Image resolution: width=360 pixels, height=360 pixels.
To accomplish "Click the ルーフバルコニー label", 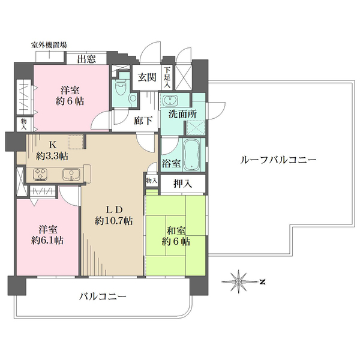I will tap(278, 160).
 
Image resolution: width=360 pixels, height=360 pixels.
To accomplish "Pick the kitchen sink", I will tap(71, 175).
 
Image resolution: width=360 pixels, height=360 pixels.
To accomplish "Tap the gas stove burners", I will tap(41, 175).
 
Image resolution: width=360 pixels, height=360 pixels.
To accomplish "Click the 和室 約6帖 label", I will tap(176, 234).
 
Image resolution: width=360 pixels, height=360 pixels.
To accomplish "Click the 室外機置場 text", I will tap(49, 44).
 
